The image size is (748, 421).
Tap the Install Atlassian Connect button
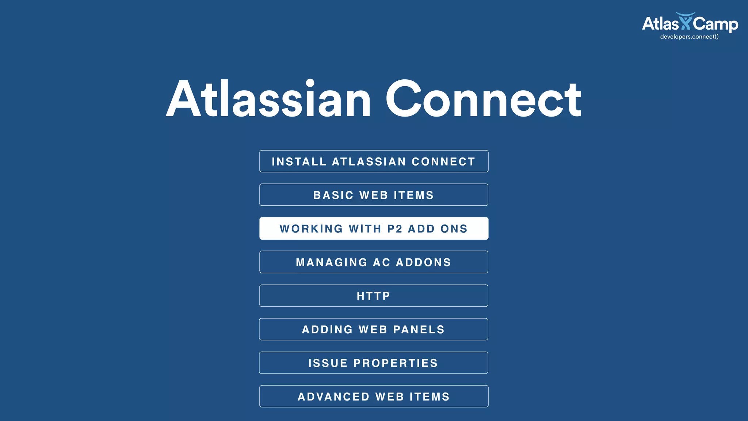click(x=374, y=161)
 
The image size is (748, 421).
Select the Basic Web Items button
click(x=374, y=195)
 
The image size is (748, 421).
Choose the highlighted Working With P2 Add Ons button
click(x=374, y=228)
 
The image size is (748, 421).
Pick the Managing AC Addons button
click(x=374, y=262)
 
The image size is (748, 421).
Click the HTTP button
click(x=374, y=296)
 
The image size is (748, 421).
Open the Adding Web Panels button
click(x=374, y=329)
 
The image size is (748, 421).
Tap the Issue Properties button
click(x=374, y=363)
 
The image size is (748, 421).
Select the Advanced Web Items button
click(x=374, y=397)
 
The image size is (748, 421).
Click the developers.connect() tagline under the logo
click(x=689, y=37)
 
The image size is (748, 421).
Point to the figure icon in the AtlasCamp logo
click(x=686, y=21)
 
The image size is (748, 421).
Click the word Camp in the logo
click(x=715, y=24)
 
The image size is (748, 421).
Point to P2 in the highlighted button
click(x=395, y=229)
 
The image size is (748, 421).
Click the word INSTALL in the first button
click(x=299, y=162)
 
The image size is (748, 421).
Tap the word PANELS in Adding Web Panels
click(x=419, y=330)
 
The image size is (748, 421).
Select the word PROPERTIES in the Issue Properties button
click(x=396, y=363)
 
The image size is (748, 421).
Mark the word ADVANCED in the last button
click(x=333, y=397)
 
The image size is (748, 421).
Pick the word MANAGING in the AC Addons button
click(x=332, y=262)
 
